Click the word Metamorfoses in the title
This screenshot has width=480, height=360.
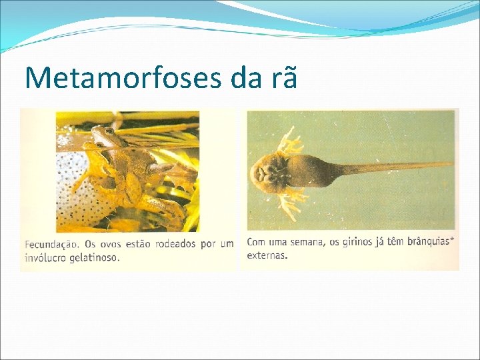point(123,77)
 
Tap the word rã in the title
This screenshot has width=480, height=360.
point(280,79)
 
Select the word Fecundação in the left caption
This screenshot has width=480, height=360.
point(52,244)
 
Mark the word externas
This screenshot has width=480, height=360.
point(267,255)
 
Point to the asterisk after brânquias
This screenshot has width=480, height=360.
point(453,239)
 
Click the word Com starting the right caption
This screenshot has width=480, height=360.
point(256,242)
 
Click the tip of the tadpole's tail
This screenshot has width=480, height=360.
point(451,163)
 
